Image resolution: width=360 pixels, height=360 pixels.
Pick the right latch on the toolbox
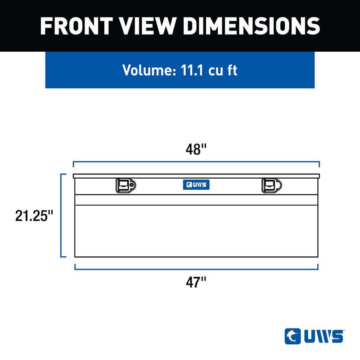click(271, 185)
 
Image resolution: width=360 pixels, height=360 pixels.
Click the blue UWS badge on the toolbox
click(196, 184)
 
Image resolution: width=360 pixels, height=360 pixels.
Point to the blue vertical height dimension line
click(62, 216)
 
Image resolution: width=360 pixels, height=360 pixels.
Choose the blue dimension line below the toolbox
click(196, 269)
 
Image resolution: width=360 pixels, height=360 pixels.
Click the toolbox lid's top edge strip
click(196, 175)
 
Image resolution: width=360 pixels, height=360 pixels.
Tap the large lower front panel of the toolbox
click(196, 231)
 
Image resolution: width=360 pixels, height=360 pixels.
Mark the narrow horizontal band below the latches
click(196, 200)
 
